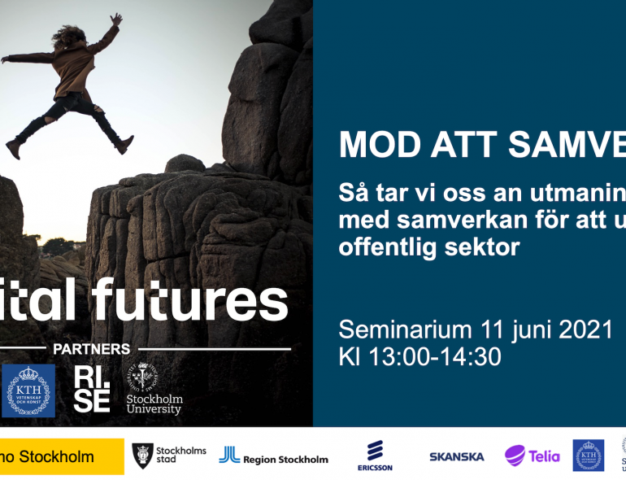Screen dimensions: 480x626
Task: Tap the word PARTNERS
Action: coord(91,349)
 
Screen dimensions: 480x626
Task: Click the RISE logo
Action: coord(91,389)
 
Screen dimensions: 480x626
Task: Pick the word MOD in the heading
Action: coord(373,145)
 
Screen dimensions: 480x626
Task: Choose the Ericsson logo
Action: coord(375,455)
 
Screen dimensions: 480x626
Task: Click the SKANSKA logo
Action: coord(456,456)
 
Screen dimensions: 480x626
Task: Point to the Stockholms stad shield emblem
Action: coord(142,456)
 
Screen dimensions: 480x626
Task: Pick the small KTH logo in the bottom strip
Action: coord(588,456)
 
